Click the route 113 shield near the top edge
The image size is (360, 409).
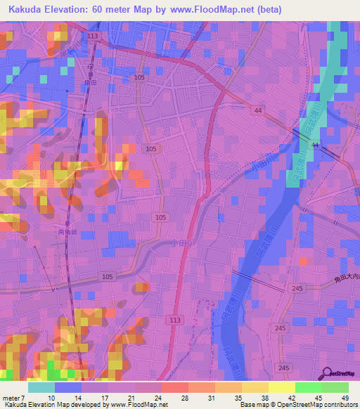coord(93,35)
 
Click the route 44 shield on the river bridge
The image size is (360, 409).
coord(314,145)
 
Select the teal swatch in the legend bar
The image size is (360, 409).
coord(41,387)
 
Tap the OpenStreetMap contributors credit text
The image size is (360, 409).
coord(314,405)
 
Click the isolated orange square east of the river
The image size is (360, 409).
coord(302,260)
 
